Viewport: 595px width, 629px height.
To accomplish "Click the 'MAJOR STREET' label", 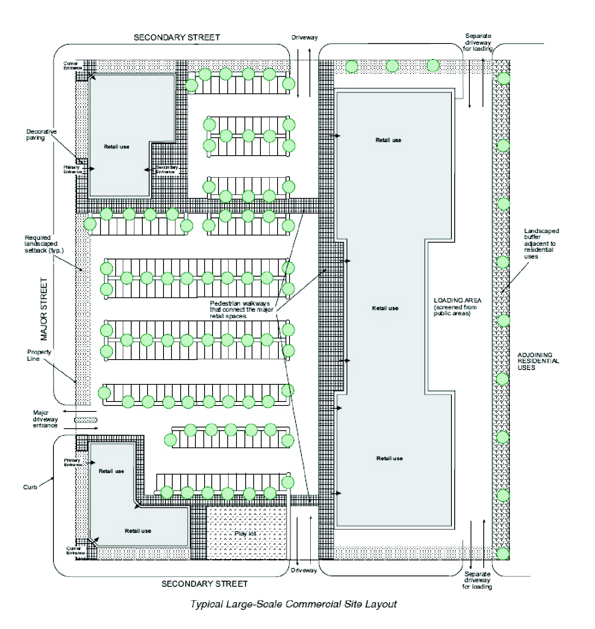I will pos(44,309).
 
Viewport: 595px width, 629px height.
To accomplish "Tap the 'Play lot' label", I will pos(245,534).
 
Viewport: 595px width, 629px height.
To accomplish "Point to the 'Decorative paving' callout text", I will pos(41,135).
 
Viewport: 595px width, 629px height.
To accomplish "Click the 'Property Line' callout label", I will pos(39,355).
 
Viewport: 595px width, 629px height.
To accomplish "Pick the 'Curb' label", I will pos(30,487).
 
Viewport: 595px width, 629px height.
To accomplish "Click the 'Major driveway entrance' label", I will pos(45,419).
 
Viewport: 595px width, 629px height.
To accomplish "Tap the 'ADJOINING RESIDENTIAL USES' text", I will pos(538,361).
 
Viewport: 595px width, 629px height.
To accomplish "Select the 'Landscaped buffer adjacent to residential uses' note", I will pos(541,243).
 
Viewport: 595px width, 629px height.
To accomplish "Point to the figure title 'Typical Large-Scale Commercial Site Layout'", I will pos(294,604).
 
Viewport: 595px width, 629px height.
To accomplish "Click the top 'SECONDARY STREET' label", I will pos(177,38).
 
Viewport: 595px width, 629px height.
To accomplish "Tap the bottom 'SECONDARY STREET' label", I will pos(205,584).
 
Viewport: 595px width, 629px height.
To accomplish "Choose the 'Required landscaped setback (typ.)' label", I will pos(44,244).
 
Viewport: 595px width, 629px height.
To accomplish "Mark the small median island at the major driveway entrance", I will pos(86,420).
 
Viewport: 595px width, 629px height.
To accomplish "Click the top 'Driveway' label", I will pos(304,38).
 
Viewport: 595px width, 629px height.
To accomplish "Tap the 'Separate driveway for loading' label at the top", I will pos(478,42).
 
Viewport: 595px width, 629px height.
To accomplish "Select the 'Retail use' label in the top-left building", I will pos(116,147).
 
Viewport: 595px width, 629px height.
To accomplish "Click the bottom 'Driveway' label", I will pos(303,570).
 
